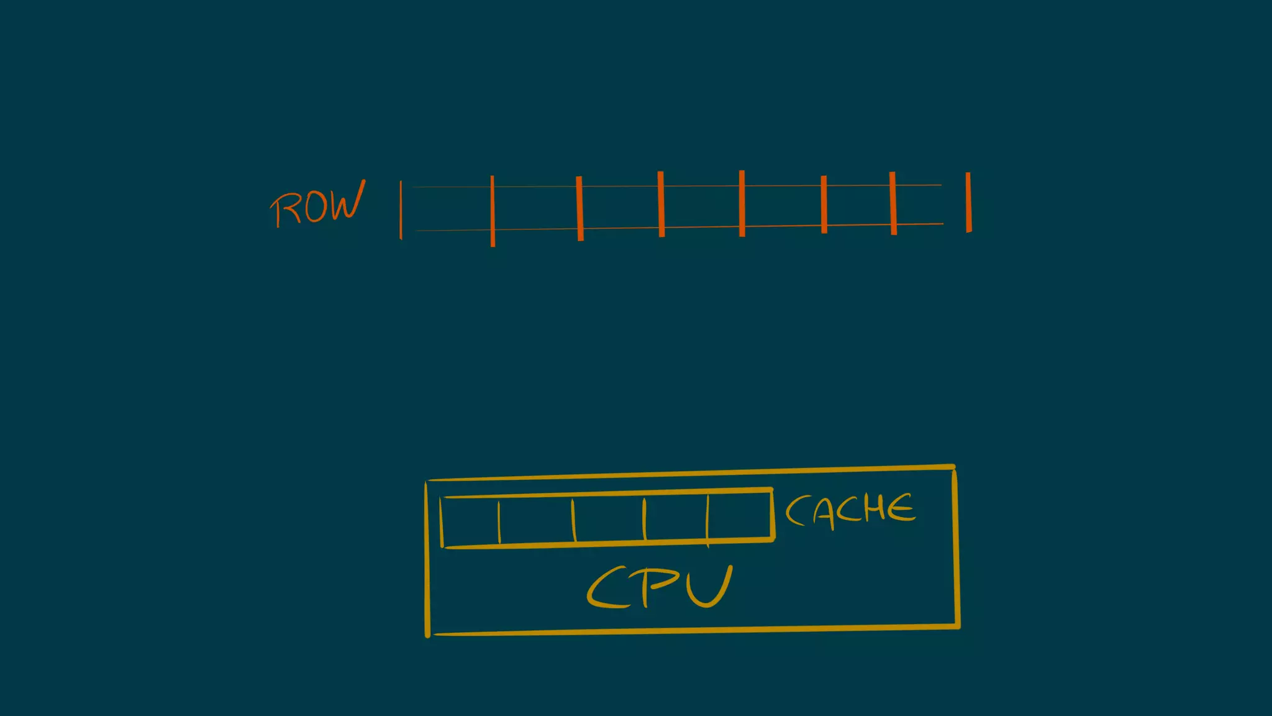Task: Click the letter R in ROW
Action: (x=283, y=209)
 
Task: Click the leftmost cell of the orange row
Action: (x=447, y=208)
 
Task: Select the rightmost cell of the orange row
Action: (x=930, y=204)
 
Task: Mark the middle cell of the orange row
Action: (x=702, y=206)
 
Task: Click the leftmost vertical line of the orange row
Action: (x=401, y=209)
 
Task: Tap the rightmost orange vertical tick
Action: (x=968, y=203)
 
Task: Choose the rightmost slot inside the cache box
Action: (x=739, y=517)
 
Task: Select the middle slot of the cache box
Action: (x=609, y=520)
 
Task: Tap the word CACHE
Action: (x=850, y=510)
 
